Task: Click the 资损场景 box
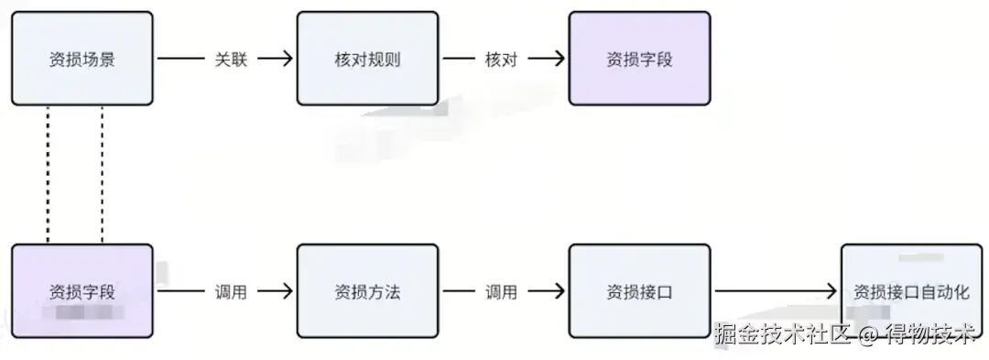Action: point(82,59)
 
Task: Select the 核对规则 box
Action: point(367,59)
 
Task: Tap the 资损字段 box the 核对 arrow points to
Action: point(639,59)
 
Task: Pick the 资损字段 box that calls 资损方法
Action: point(82,291)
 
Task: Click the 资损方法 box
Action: point(367,291)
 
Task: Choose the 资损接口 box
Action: point(639,291)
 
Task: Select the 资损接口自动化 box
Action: point(910,291)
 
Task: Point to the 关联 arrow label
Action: point(231,59)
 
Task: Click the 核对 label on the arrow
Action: point(501,59)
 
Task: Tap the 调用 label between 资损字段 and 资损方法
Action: point(231,291)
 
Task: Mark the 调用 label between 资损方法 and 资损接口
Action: point(501,291)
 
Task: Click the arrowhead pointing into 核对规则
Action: point(287,59)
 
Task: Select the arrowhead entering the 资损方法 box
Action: point(287,291)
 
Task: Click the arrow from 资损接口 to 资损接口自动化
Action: point(774,291)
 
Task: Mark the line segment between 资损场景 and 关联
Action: point(180,59)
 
